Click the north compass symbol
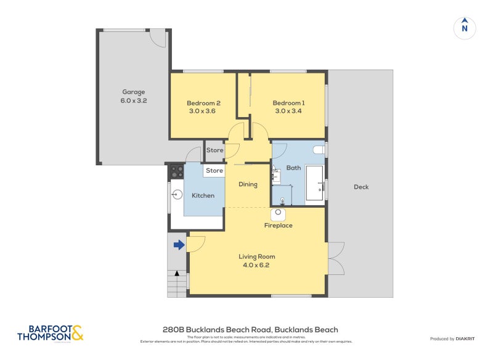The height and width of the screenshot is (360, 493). coord(465,28)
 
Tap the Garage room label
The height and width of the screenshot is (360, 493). coord(133,92)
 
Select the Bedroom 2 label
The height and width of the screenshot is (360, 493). coord(203,103)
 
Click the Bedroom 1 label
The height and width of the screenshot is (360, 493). coord(288,103)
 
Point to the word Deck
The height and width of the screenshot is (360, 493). coord(361,187)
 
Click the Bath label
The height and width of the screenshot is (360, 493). coord(293,167)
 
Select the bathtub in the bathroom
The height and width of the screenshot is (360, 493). coord(316,183)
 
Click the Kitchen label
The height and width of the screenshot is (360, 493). coord(203,195)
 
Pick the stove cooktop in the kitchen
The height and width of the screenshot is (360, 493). coord(177,171)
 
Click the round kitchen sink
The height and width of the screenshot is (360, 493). coord(177,195)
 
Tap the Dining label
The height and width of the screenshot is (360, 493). coord(248,184)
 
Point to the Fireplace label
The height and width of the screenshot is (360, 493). coord(278,226)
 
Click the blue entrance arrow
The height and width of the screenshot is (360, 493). coord(179,245)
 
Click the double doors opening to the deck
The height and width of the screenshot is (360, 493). coord(336,258)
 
